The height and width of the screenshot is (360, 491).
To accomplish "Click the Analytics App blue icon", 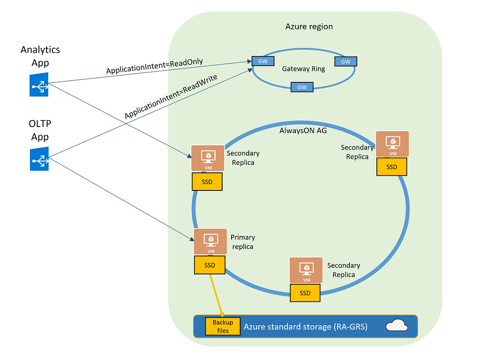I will point(39,85).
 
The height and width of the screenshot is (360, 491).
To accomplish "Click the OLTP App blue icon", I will point(39,158).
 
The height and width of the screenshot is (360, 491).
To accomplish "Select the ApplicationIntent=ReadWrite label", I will point(171,97).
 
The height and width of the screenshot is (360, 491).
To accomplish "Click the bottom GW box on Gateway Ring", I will point(302,87).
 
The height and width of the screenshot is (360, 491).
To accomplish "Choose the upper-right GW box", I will point(346,61).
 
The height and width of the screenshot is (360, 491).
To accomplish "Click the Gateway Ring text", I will point(304,69).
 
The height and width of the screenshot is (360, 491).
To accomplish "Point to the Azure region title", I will point(309,27).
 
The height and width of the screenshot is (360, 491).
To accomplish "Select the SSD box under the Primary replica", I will point(209,265).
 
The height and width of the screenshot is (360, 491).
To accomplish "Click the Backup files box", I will point(223,326).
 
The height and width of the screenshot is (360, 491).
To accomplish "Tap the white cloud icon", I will point(396,326).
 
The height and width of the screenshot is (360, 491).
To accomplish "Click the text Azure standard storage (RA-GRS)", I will point(306,326).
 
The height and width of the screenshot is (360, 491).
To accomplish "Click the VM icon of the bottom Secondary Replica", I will point(306,270).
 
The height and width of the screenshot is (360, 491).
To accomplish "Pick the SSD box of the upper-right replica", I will point(392,167).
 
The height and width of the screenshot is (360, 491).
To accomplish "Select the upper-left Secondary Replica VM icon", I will point(208,158).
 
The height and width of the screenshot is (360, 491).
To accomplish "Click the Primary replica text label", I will point(243,242).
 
